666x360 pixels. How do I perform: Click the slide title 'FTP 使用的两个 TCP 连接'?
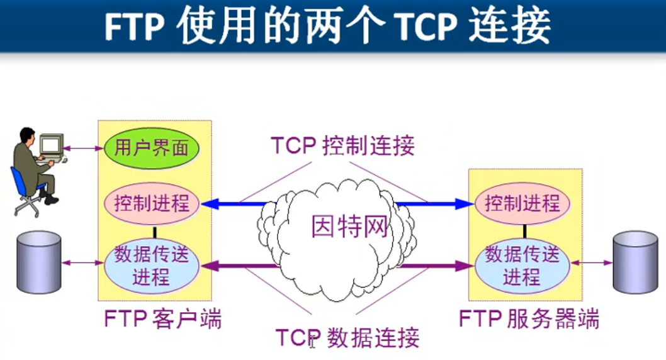click(x=328, y=26)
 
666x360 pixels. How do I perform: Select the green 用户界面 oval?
click(x=152, y=149)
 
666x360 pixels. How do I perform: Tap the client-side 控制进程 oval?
click(x=152, y=204)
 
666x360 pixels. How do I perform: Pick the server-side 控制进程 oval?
click(x=522, y=203)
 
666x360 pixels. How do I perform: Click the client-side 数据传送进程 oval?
click(x=152, y=266)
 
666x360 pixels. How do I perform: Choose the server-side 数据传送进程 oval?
click(x=522, y=266)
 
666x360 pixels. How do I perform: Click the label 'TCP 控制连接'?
click(x=343, y=146)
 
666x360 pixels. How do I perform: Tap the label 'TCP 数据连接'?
click(x=347, y=338)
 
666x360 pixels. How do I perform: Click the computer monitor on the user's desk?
click(x=52, y=145)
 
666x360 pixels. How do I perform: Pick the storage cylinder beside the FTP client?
click(x=39, y=262)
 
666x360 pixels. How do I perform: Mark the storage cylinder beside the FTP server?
click(x=635, y=262)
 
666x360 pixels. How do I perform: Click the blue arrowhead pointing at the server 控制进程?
click(x=465, y=203)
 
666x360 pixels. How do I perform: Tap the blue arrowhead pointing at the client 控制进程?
click(x=209, y=203)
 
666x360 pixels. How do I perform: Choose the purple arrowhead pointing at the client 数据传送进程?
click(x=210, y=266)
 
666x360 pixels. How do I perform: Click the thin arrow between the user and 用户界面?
click(x=84, y=149)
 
